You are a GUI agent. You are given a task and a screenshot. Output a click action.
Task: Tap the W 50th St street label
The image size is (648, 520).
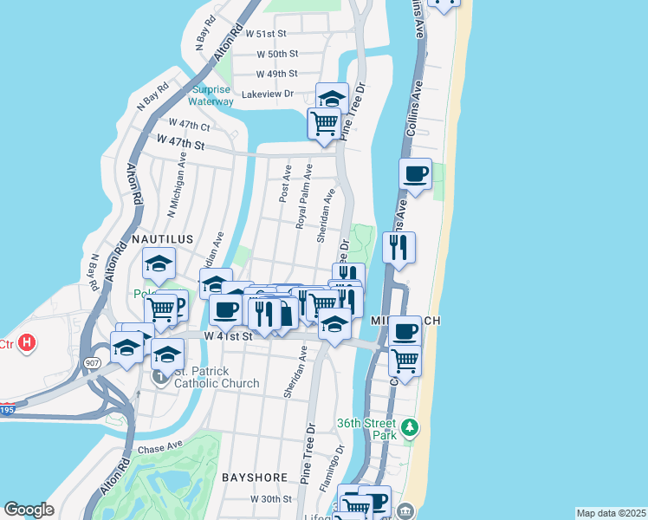pyautogui.click(x=277, y=54)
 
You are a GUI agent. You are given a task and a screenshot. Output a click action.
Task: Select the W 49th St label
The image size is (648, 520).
pyautogui.click(x=277, y=74)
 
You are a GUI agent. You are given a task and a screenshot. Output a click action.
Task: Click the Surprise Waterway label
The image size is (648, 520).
pyautogui.click(x=211, y=95)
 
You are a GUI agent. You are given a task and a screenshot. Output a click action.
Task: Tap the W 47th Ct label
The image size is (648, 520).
pyautogui.click(x=190, y=124)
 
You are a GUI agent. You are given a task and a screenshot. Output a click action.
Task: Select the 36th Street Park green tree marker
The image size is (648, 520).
pyautogui.click(x=410, y=427)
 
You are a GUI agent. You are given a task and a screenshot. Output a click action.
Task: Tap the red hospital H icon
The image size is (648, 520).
pyautogui.click(x=28, y=342)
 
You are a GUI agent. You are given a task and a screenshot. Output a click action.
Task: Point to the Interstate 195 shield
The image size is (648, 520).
pyautogui.click(x=8, y=408)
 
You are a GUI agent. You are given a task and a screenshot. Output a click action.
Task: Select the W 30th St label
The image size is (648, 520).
pyautogui.click(x=272, y=499)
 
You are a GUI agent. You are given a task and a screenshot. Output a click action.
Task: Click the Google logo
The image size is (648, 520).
pyautogui.click(x=29, y=509)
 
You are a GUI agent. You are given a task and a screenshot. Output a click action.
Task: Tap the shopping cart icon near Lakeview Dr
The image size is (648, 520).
pyautogui.click(x=324, y=123)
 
